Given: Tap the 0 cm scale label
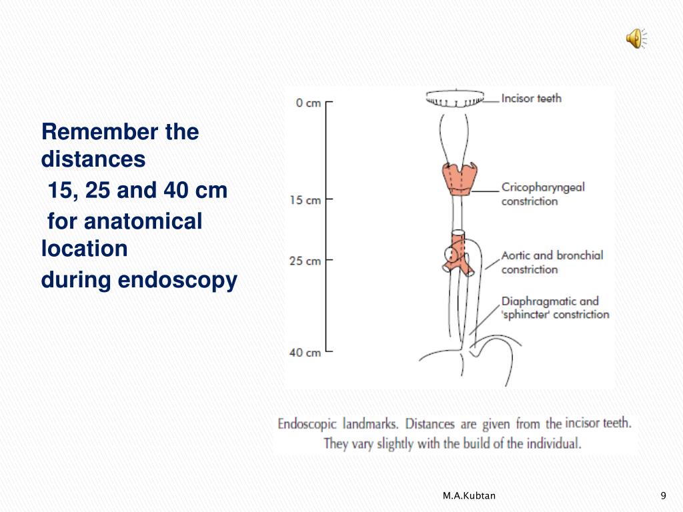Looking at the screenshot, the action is tap(308, 103).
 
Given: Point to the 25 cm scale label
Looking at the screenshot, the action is tap(305, 261).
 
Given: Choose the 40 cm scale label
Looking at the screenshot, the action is tap(305, 353).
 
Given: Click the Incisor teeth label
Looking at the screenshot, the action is tap(531, 99).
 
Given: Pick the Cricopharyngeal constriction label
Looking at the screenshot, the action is tap(543, 194).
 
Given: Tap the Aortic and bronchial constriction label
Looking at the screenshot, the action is tap(552, 262).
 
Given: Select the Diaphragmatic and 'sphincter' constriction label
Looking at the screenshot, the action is tap(555, 308).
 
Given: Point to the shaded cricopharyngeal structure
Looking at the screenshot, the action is tap(458, 178).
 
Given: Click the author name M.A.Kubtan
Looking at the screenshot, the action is tap(469, 495).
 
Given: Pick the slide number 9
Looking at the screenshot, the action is tap(662, 495).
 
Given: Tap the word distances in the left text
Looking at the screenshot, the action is tap(93, 159).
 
